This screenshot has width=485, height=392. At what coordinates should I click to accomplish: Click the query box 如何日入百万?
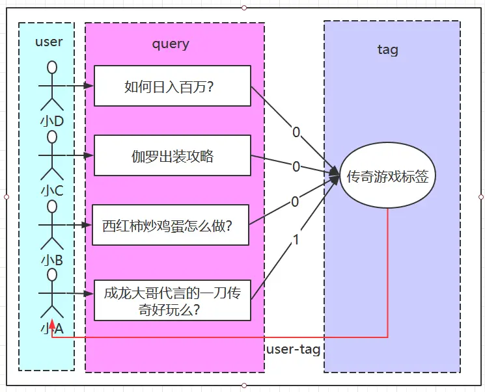click(x=173, y=85)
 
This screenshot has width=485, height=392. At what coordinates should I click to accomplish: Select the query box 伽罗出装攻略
click(x=173, y=155)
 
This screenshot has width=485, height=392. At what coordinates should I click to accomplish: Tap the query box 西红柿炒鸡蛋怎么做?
click(x=171, y=225)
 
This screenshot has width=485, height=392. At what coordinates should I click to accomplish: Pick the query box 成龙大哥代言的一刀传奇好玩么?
click(x=173, y=300)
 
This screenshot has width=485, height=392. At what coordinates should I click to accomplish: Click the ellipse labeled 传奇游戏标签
click(x=388, y=176)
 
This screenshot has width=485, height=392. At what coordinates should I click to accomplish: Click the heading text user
click(x=49, y=42)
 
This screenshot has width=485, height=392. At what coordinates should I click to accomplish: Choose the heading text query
click(x=171, y=44)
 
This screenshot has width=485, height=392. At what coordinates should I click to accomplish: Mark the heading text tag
click(x=388, y=49)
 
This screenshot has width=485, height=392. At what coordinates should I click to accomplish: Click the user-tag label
click(x=294, y=350)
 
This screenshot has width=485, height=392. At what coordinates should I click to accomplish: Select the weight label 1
click(x=296, y=240)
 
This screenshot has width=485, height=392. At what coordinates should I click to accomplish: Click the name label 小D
click(x=52, y=121)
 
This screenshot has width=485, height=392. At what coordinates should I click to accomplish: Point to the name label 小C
click(x=52, y=190)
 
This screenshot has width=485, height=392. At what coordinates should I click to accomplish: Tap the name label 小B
click(x=52, y=260)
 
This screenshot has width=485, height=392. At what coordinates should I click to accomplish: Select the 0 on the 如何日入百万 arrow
click(x=296, y=133)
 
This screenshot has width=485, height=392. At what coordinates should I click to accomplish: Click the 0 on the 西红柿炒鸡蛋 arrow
click(x=295, y=202)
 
